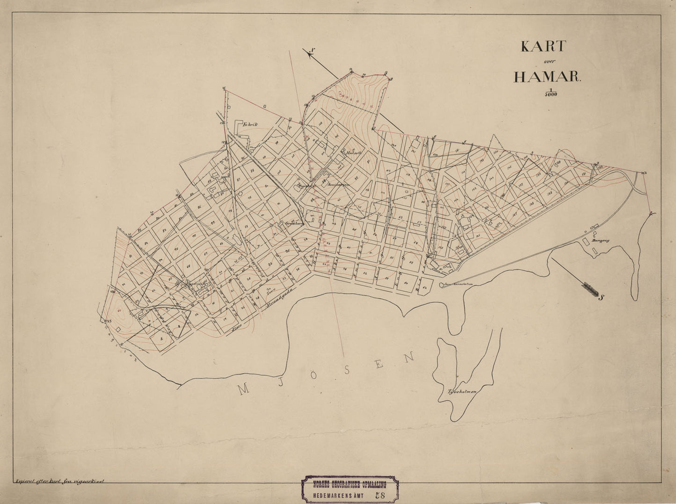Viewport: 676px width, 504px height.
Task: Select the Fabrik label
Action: point(250,125)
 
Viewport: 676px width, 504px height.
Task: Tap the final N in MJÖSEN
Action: point(410,358)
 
